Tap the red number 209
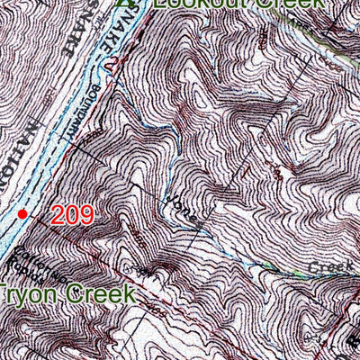(72, 214)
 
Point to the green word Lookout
(190, 4)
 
